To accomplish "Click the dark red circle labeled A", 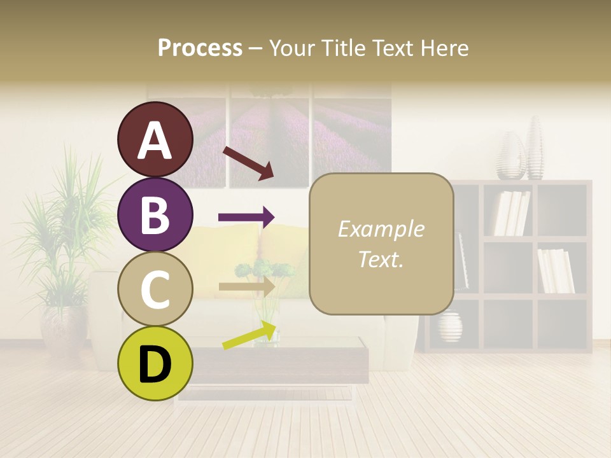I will pos(155,139).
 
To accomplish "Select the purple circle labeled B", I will pos(155,214).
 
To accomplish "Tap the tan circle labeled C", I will pos(155,289).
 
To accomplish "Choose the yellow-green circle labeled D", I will pos(155,363).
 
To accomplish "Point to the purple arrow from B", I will pos(246,218).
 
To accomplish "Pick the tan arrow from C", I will pos(246,286).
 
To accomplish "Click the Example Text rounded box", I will pos(381,244).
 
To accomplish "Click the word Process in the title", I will pos(200,48).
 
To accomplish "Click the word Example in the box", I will pos(381,229).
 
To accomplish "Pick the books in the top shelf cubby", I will pos(512,212).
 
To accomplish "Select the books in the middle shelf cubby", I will pos(556,270).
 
